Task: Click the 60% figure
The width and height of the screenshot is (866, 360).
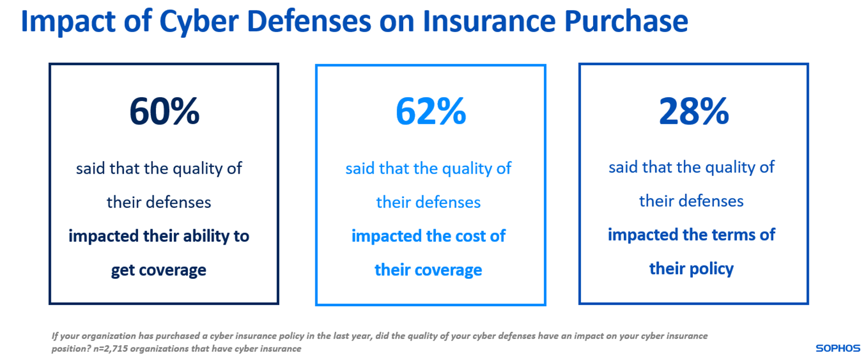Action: pos(164,111)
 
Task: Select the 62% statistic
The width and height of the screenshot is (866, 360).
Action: pos(430,111)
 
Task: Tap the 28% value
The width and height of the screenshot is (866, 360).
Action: pos(693,111)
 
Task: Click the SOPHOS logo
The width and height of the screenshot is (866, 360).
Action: pos(837,348)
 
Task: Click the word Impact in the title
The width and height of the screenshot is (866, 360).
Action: pos(68,21)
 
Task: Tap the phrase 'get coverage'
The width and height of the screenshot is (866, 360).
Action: pos(158,270)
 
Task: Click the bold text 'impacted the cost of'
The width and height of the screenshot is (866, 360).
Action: pos(428,236)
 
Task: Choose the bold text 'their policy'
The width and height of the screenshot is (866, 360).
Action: pos(691,268)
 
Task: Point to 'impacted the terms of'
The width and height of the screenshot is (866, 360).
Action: pos(691,234)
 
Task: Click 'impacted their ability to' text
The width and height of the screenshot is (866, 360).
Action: pos(158,236)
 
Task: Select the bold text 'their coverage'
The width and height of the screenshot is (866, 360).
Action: pos(428,270)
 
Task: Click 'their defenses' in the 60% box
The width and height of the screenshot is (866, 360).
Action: pos(158,202)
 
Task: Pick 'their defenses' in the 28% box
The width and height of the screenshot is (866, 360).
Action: pos(691,201)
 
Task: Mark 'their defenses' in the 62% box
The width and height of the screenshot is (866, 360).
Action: pos(428,202)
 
